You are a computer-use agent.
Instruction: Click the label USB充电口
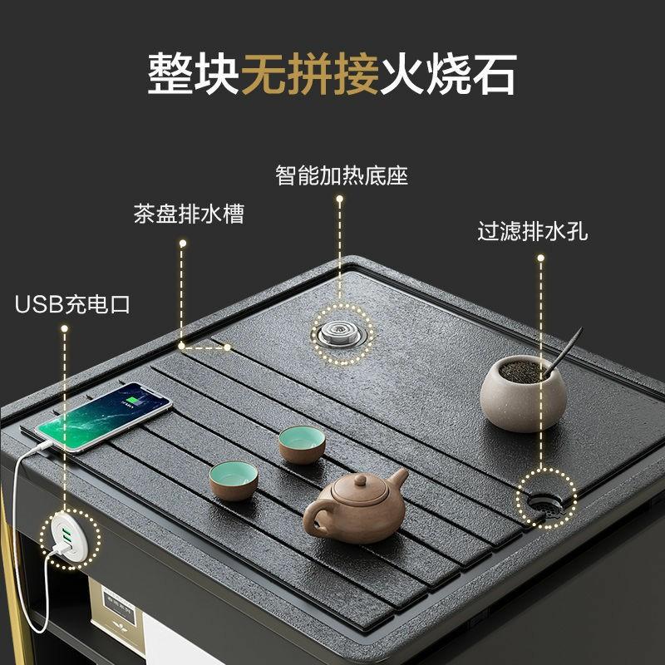pyautogui.click(x=72, y=304)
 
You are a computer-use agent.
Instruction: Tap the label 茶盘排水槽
pyautogui.click(x=189, y=214)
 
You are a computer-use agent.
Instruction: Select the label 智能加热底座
pyautogui.click(x=342, y=175)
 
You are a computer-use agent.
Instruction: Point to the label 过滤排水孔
pyautogui.click(x=532, y=231)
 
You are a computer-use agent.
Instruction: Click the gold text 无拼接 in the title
pyautogui.click(x=310, y=74)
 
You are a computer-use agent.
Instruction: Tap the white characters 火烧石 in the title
pyautogui.click(x=448, y=74)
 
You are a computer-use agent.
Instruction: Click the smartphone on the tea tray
pyautogui.click(x=103, y=417)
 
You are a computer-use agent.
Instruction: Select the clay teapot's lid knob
pyautogui.click(x=360, y=480)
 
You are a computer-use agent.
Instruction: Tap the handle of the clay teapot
pyautogui.click(x=316, y=515)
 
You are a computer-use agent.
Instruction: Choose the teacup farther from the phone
pyautogui.click(x=302, y=445)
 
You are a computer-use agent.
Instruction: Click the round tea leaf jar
pyautogui.click(x=524, y=393)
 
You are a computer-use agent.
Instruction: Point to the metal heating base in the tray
pyautogui.click(x=342, y=333)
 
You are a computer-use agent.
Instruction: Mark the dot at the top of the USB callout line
pyautogui.click(x=65, y=328)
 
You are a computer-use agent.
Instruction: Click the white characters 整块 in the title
pyautogui.click(x=194, y=74)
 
